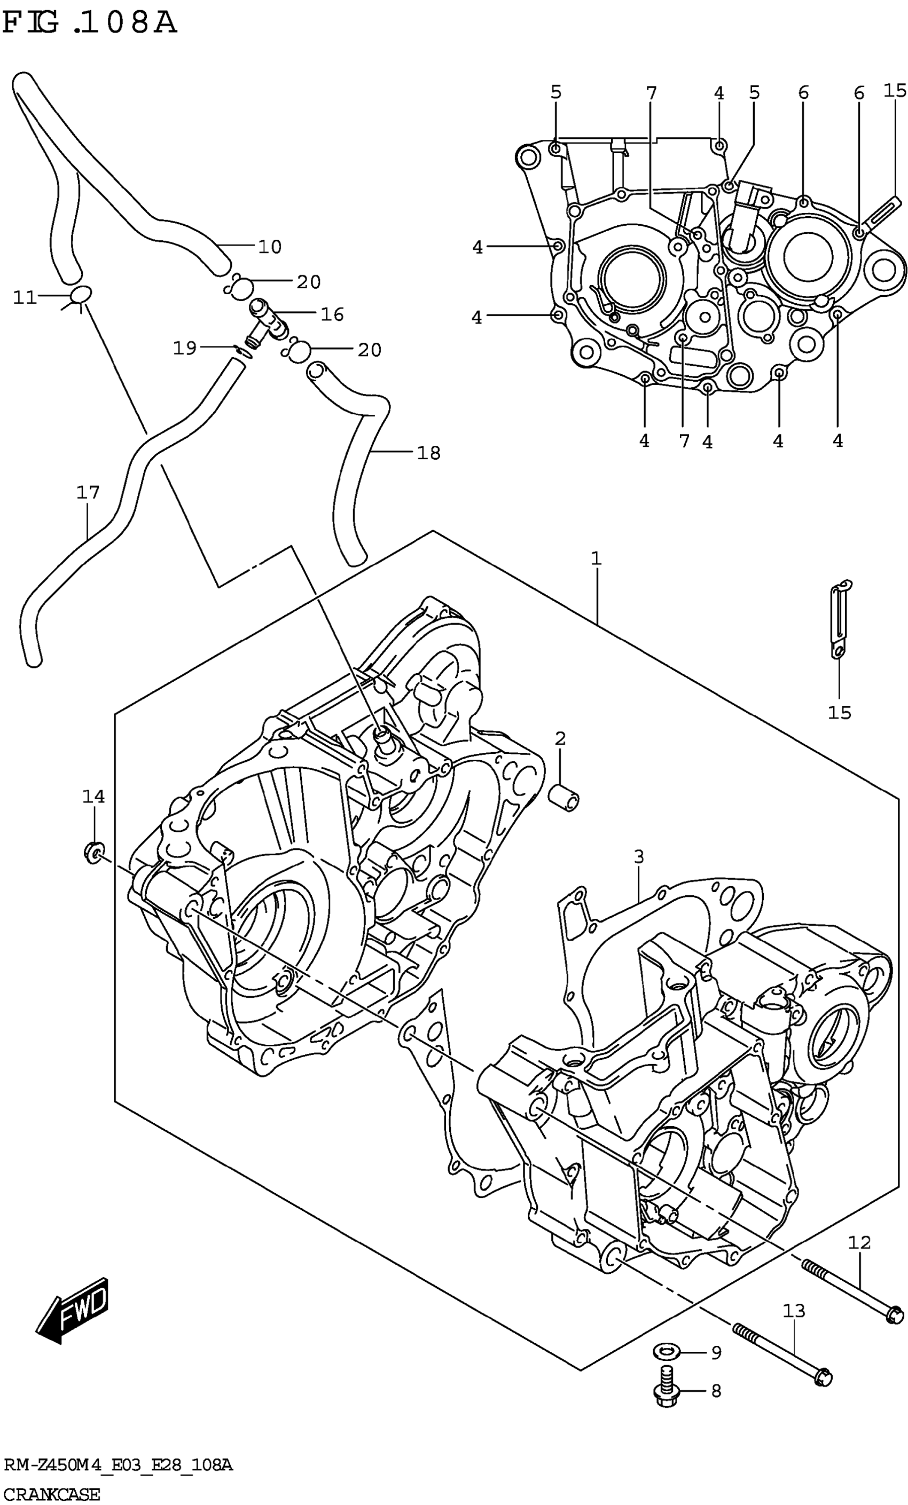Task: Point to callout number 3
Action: click(638, 857)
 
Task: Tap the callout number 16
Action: click(332, 314)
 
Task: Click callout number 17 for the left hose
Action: click(88, 492)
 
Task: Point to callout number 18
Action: click(428, 453)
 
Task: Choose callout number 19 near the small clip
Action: click(184, 348)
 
